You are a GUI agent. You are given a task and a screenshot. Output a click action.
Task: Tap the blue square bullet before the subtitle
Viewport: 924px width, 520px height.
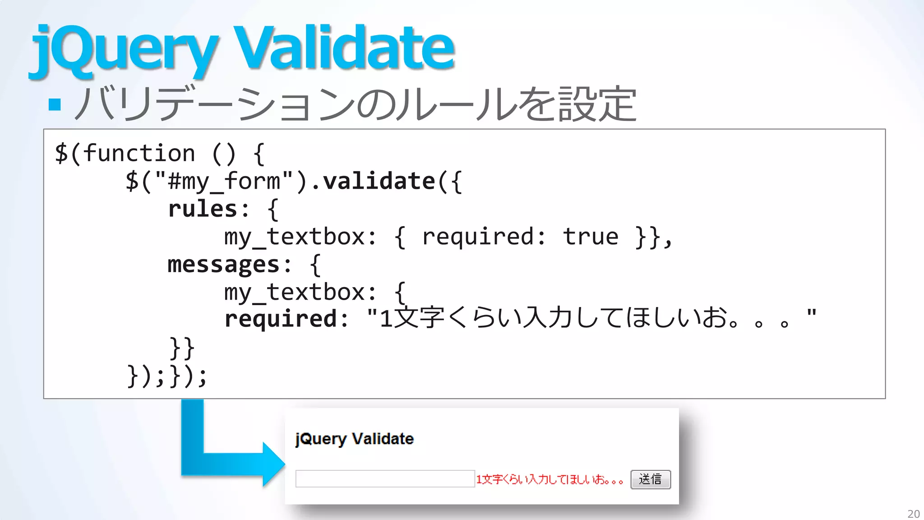[x=55, y=104]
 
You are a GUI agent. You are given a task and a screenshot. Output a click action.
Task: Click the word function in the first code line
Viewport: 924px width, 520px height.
[x=139, y=153]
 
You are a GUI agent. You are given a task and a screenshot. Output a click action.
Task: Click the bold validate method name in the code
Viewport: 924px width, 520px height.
[x=379, y=181]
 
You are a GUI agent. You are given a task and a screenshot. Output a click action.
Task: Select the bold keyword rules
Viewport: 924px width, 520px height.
[x=203, y=209]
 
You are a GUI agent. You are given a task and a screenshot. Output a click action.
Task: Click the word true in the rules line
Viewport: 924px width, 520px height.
[x=591, y=237]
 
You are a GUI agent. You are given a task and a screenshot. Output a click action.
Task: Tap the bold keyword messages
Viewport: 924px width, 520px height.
[x=224, y=265]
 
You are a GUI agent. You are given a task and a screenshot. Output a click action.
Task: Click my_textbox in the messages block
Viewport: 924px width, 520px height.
[x=294, y=292]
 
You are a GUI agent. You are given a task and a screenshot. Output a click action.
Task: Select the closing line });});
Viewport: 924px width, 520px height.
[x=167, y=376]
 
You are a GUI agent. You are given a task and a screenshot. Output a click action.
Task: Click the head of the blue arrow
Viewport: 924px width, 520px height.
[x=273, y=464]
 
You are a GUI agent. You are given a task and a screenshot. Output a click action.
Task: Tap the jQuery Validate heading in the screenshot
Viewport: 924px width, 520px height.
[x=355, y=439]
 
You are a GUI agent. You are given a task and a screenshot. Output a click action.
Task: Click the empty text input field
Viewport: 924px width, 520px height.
[x=385, y=479]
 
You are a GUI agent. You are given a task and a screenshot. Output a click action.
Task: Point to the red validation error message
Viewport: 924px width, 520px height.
[x=550, y=479]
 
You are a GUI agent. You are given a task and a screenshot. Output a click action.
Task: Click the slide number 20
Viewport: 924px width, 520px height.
[x=913, y=514]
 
